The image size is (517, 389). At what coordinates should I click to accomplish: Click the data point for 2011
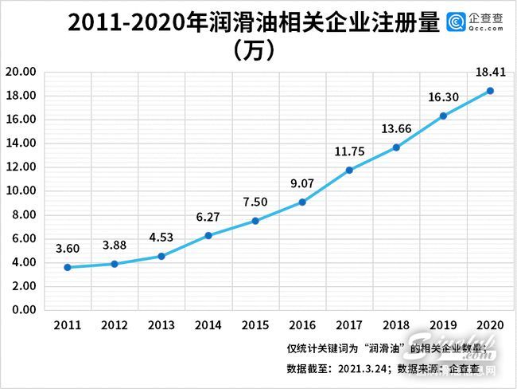point(68,267)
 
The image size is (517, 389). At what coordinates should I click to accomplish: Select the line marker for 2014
point(208,235)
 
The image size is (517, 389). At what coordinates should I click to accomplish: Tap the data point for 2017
point(349,170)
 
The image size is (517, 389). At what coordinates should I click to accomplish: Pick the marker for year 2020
point(490,91)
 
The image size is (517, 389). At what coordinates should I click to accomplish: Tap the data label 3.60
point(68,248)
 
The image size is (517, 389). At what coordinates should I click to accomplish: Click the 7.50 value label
point(255,202)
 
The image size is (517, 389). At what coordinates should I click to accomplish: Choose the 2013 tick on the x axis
point(161,325)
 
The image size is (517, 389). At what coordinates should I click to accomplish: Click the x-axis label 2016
point(302,325)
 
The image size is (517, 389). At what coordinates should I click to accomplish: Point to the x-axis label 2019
point(443,325)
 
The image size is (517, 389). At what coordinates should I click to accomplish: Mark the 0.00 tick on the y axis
point(24,309)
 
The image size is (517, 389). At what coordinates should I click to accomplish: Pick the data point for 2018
point(396,147)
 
